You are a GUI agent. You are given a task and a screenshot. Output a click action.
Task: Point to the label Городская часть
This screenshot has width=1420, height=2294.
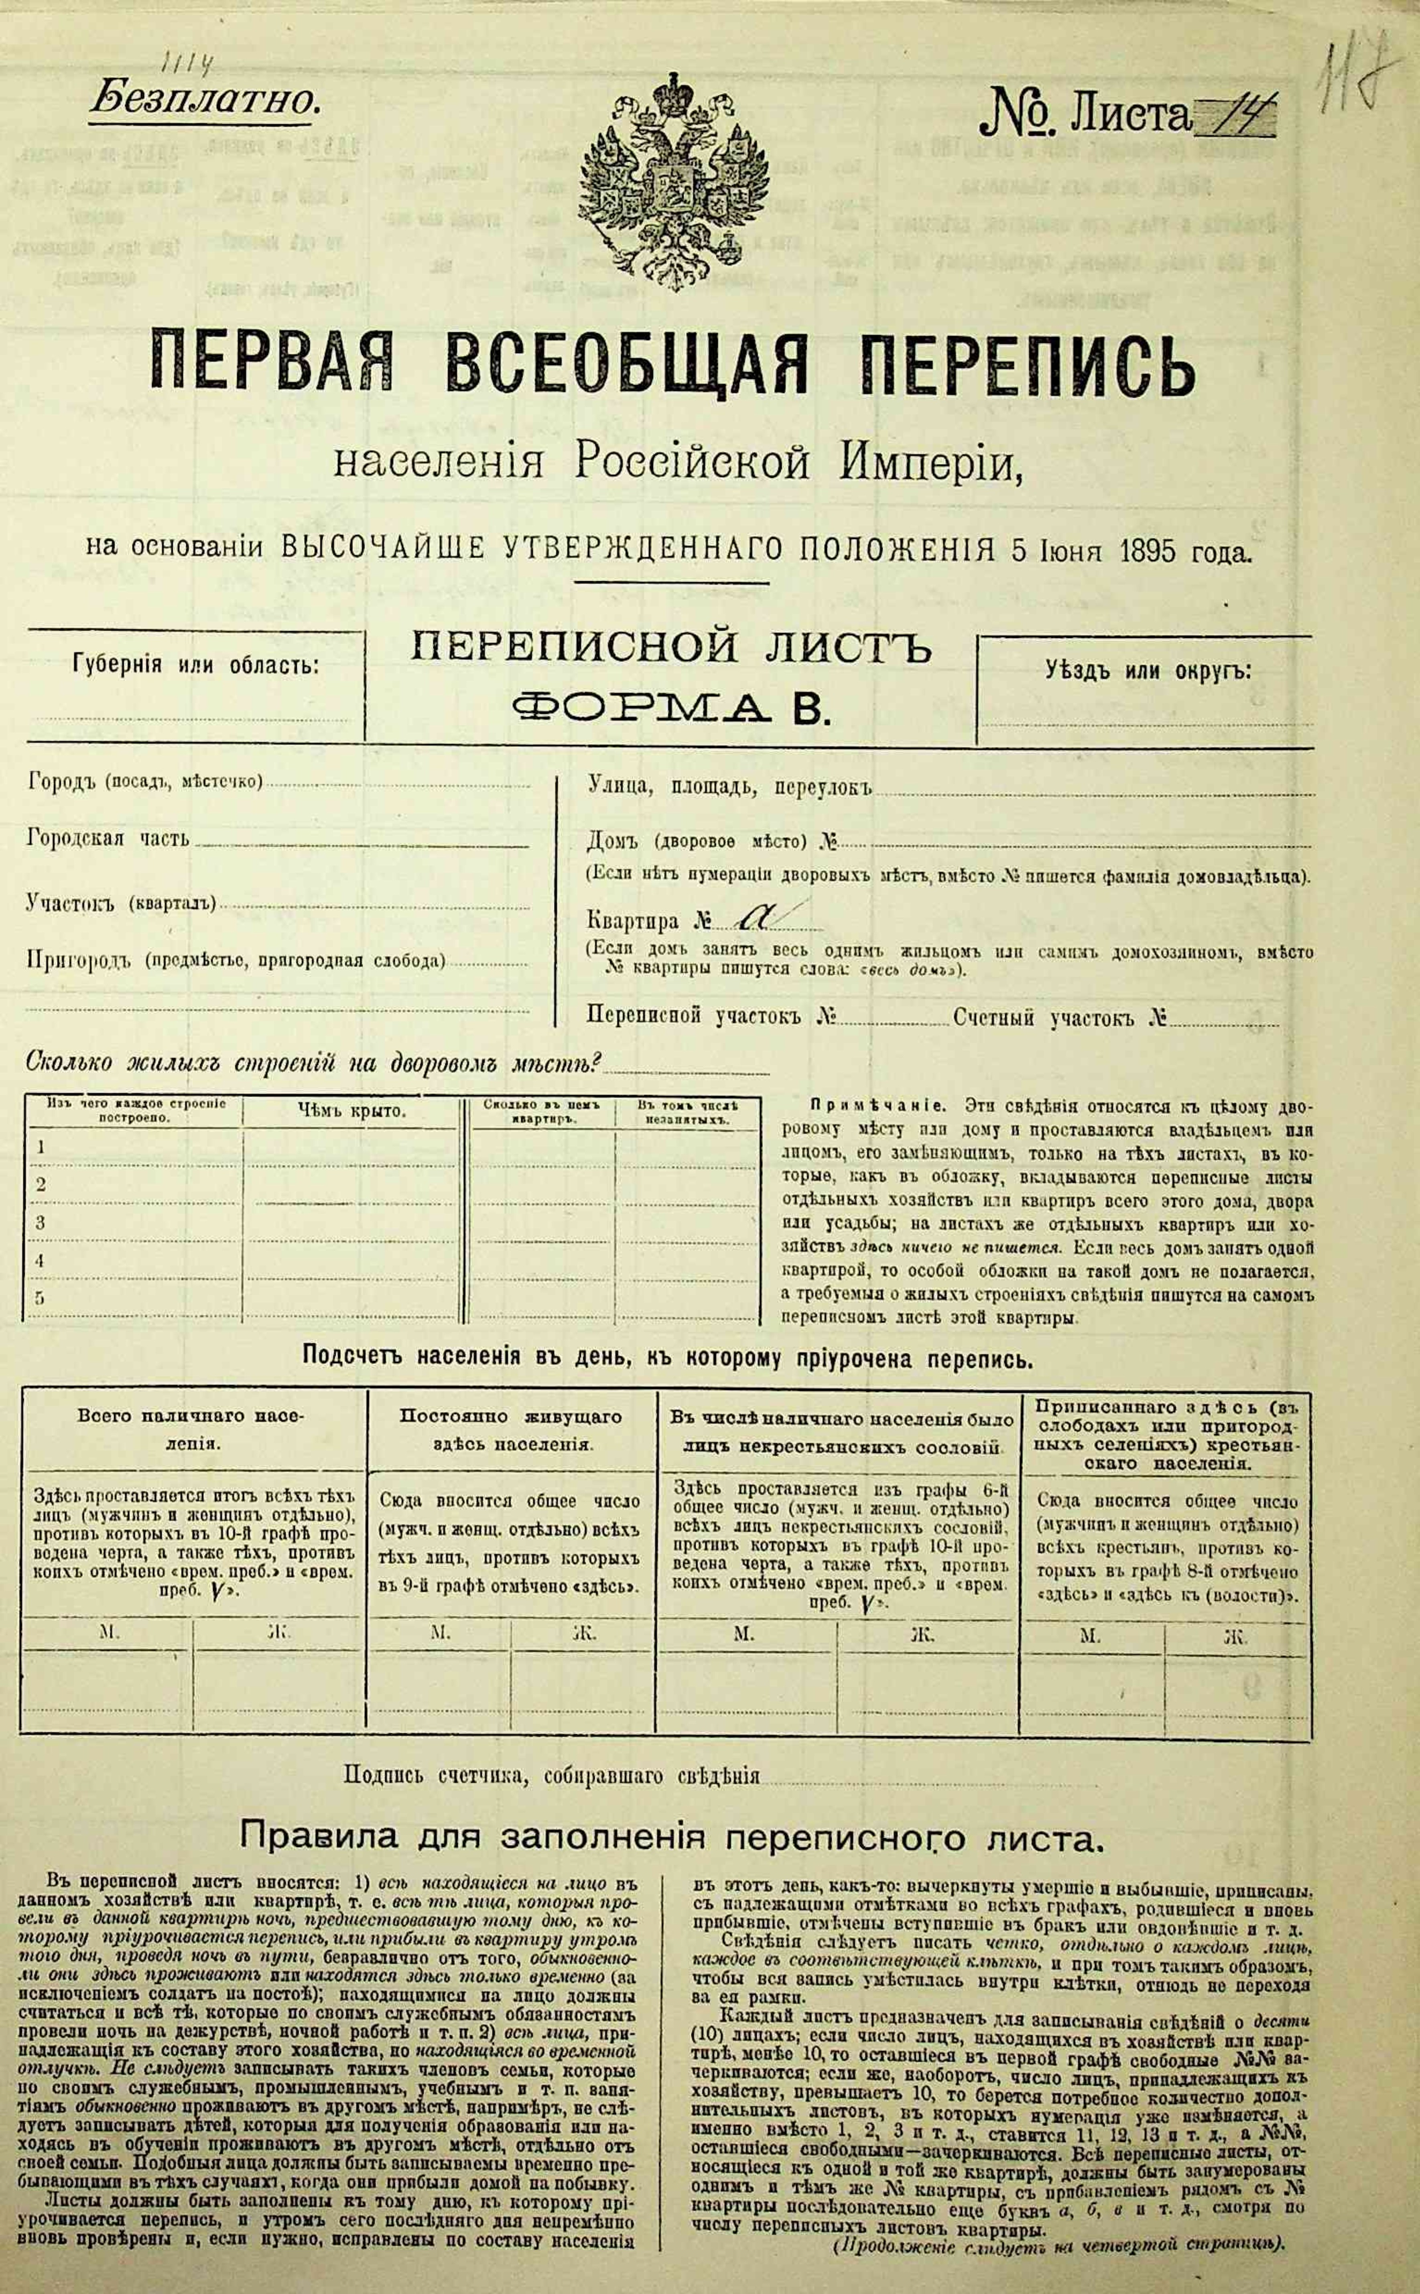point(108,838)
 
